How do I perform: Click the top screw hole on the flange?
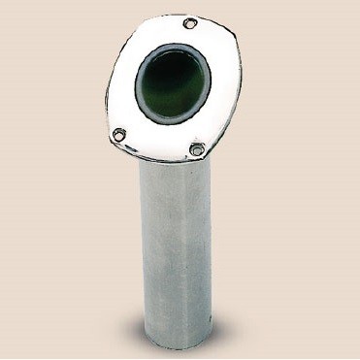189,23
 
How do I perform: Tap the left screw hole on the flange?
118,135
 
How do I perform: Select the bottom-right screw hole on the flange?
197,149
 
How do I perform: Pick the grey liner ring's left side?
137,87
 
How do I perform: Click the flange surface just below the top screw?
187,37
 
